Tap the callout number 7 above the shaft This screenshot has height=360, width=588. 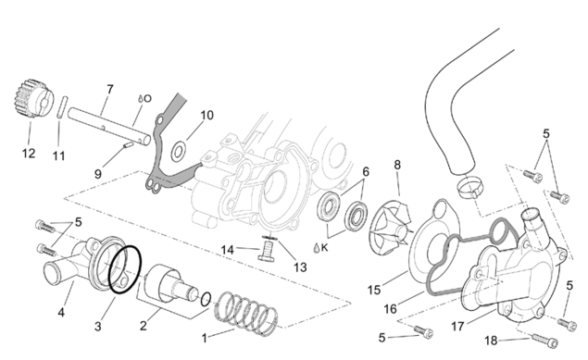coord(110,89)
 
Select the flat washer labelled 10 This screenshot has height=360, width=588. coord(179,152)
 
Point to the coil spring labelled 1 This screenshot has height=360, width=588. coord(246,314)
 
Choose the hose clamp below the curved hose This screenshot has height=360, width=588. coord(470,186)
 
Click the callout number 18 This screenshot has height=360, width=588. coord(492,341)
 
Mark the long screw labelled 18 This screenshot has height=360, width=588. coord(544,340)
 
